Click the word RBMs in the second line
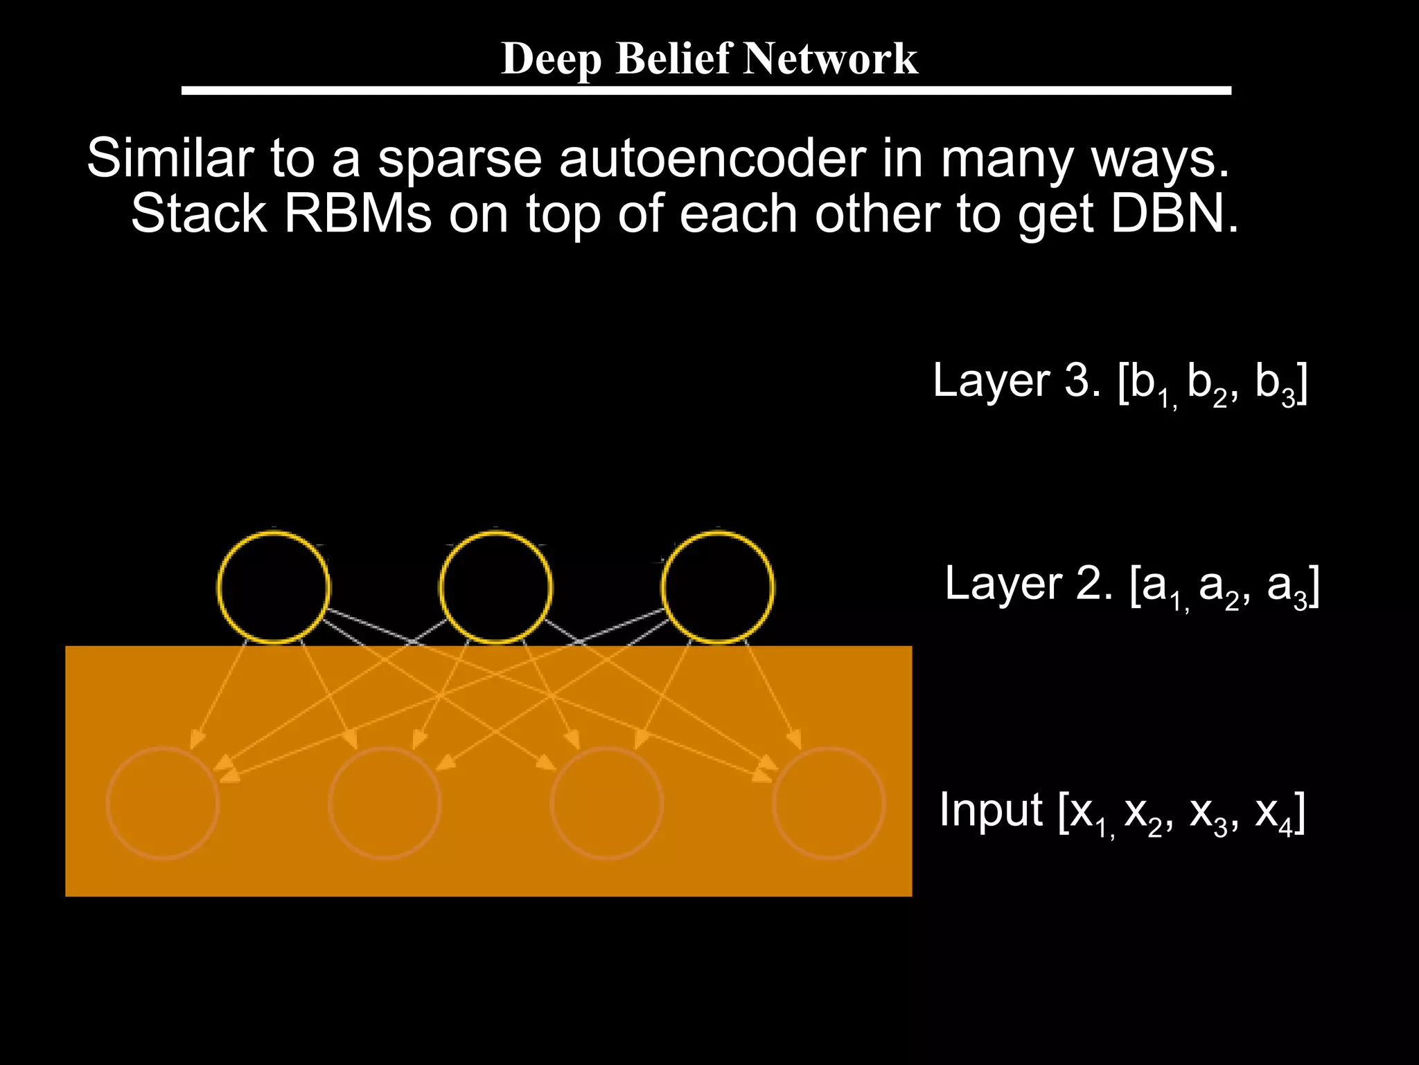(358, 214)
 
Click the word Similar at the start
(170, 158)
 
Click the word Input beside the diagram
(991, 810)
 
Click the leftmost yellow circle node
(274, 587)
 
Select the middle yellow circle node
(496, 587)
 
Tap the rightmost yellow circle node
(718, 587)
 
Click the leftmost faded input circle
(163, 803)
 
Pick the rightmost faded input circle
(829, 803)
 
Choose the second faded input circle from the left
(385, 803)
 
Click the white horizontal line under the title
(705, 91)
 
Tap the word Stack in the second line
(198, 214)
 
